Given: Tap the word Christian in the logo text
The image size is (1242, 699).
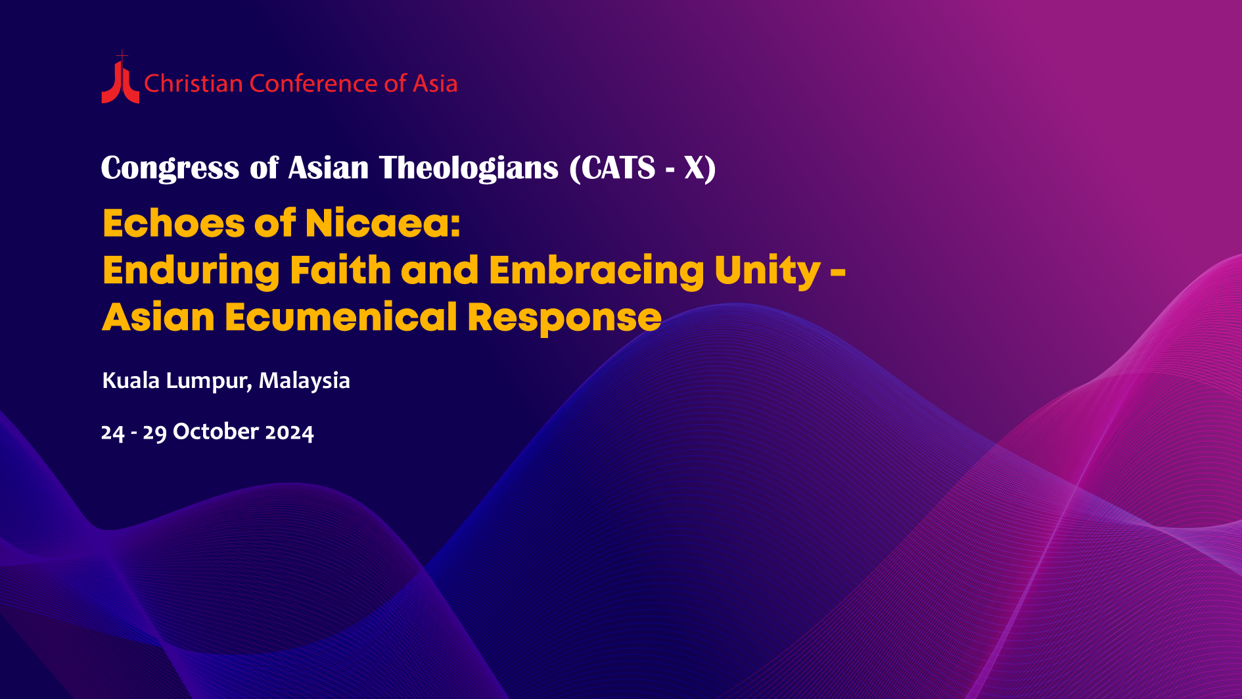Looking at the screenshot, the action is coord(194,84).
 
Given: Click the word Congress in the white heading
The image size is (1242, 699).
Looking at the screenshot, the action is coord(170,168).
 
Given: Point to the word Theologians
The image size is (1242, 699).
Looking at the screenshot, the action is coord(469,168).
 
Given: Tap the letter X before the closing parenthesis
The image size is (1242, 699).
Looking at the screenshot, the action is coord(695,168).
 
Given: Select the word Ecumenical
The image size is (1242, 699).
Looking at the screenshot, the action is coord(341,318).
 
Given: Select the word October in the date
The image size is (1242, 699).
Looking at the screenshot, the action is coord(216,431).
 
